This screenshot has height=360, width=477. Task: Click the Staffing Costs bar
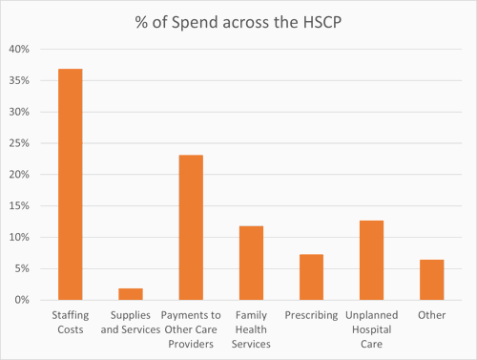pyautogui.click(x=71, y=184)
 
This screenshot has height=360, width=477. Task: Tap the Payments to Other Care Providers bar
pyautogui.click(x=191, y=227)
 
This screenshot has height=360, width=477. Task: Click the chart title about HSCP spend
pyautogui.click(x=238, y=22)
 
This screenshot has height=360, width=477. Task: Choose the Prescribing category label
pyautogui.click(x=311, y=316)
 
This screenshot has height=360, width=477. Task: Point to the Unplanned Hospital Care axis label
pyautogui.click(x=371, y=329)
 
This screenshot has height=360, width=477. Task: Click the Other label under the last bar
pyautogui.click(x=431, y=316)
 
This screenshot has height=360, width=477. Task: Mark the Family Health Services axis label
pyautogui.click(x=251, y=329)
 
